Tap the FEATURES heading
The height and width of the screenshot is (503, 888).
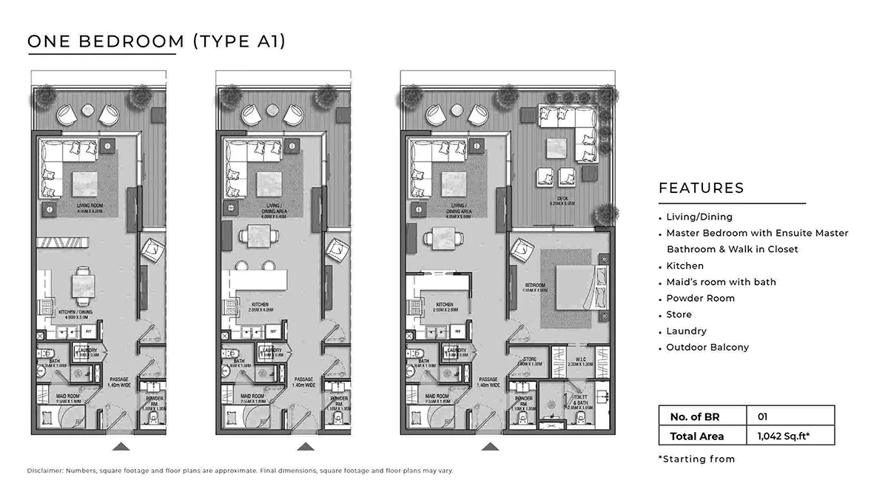[x=701, y=188]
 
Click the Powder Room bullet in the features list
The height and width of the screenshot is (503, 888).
[x=700, y=298]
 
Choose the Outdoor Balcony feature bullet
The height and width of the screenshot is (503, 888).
[x=707, y=347]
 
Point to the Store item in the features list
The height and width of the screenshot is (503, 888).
[x=679, y=314]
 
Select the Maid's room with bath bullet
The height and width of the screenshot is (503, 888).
[x=721, y=282]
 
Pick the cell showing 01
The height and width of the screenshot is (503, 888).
[x=763, y=416]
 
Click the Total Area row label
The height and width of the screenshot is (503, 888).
[x=696, y=436]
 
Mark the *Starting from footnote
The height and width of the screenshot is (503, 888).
[x=696, y=459]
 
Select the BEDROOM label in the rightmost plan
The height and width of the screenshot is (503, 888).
[x=535, y=286]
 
